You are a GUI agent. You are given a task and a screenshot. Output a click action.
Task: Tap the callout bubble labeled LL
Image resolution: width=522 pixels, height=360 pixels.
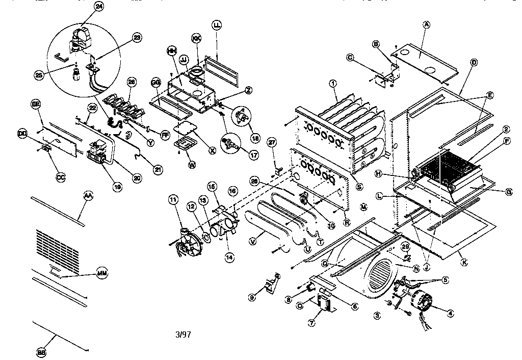tap(217, 24)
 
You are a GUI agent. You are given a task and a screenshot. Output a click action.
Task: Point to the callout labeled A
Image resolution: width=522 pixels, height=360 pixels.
tap(427, 24)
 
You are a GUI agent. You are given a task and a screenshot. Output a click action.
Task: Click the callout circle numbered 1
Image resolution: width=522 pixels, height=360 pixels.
tap(332, 83)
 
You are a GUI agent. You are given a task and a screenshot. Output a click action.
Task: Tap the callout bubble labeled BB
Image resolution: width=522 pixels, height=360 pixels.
tap(42, 352)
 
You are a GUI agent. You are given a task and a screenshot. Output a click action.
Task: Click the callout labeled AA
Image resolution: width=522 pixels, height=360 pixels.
tap(88, 195)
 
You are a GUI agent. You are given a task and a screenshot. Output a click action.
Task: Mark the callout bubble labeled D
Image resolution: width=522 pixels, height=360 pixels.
tap(474, 62)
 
